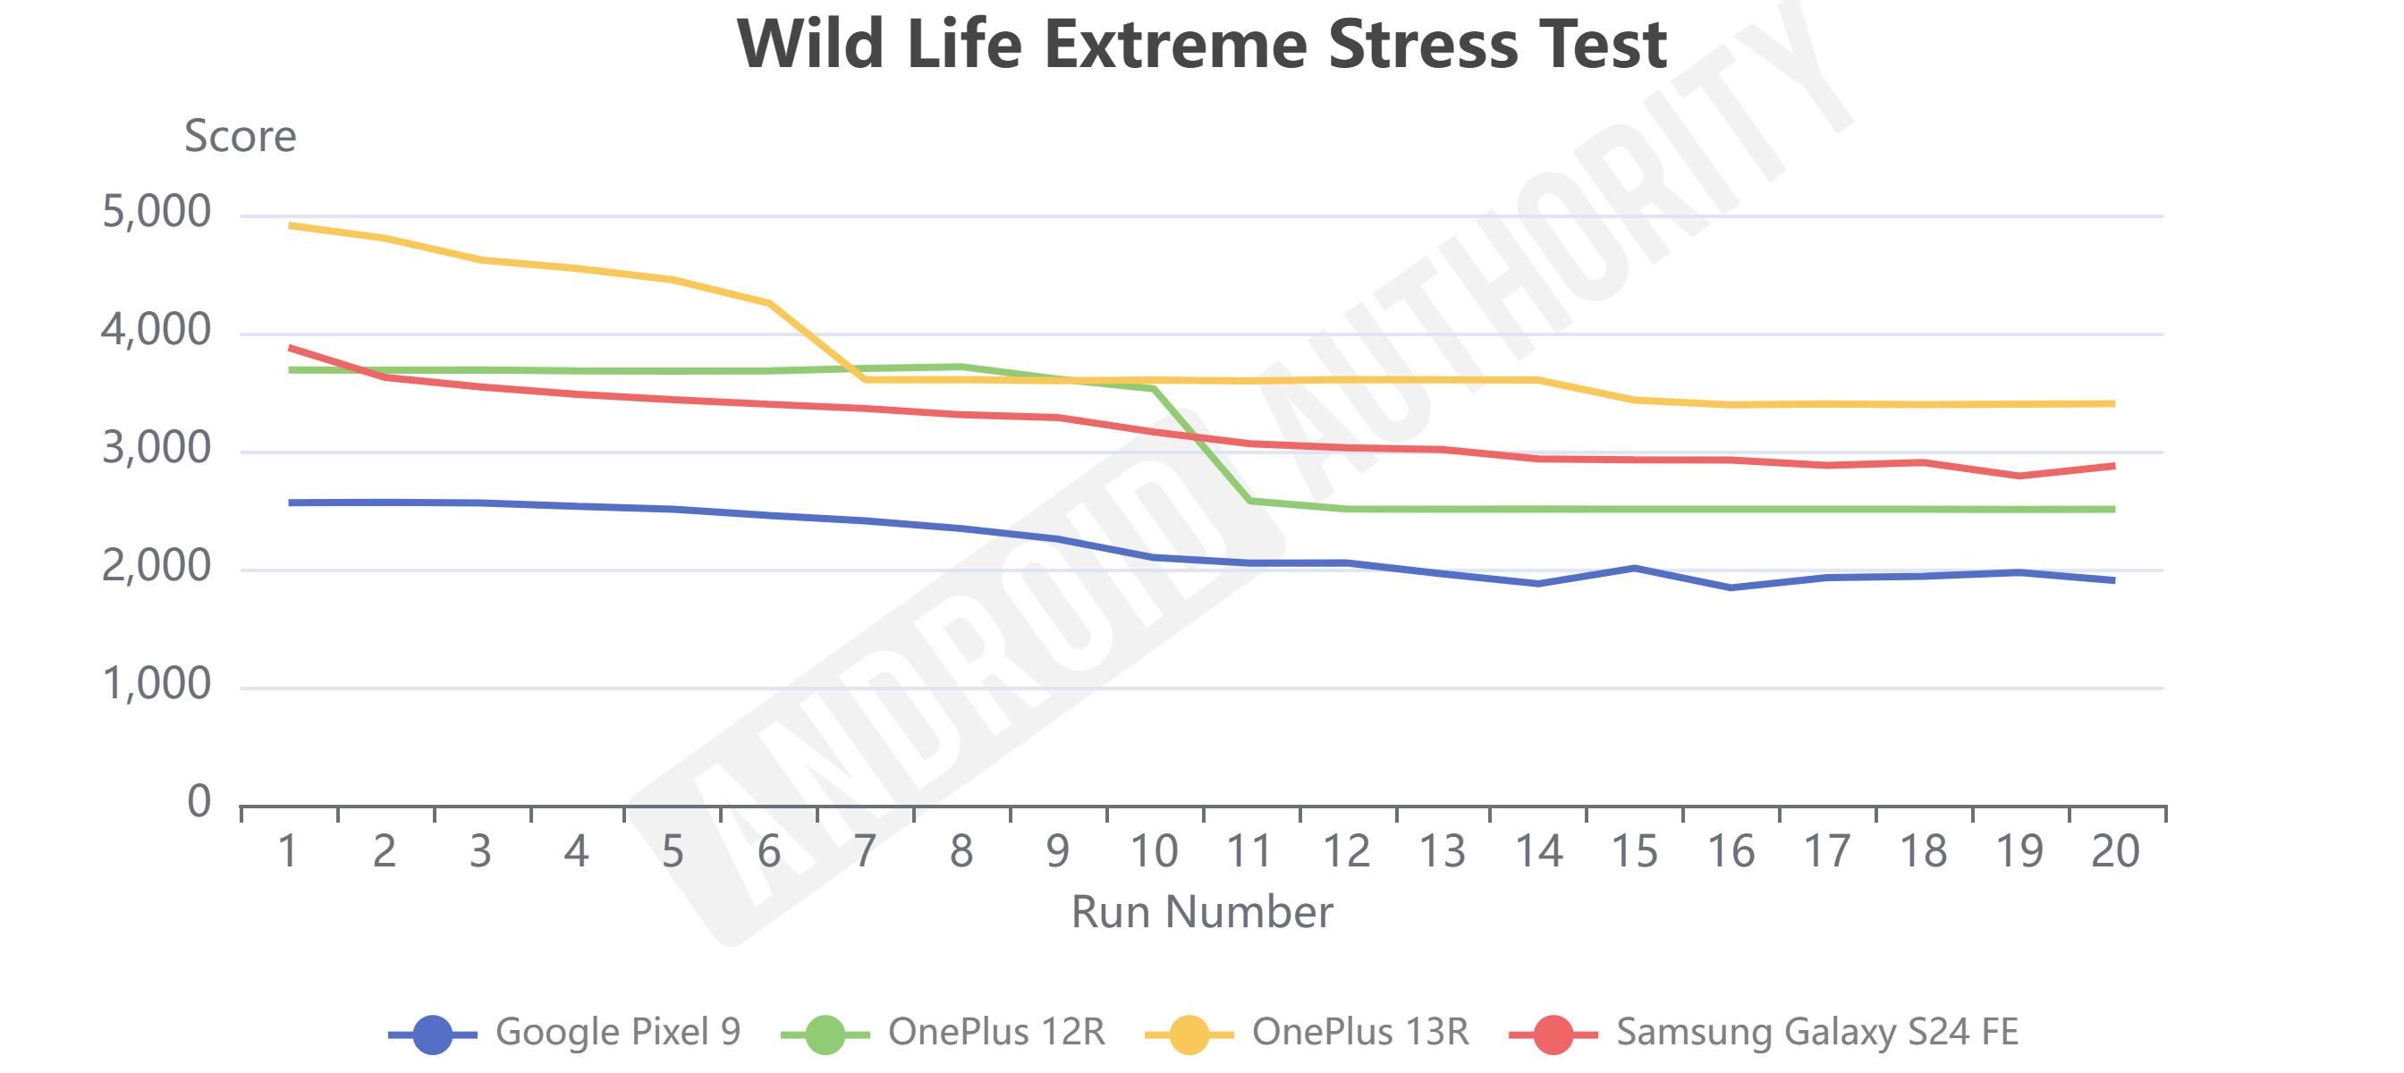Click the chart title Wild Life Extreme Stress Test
[x=1201, y=44]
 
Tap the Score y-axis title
[x=240, y=136]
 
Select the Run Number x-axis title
[x=1201, y=911]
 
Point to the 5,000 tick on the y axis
[x=156, y=213]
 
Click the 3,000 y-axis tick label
[x=156, y=450]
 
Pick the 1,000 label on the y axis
[x=156, y=686]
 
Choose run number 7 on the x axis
[x=865, y=851]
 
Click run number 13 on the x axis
[x=1442, y=851]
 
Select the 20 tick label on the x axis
[x=2115, y=851]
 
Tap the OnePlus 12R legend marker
[x=825, y=1034]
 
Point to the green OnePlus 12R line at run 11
[x=1249, y=501]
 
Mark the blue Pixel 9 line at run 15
[x=1634, y=567]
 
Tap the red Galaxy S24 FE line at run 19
[x=2019, y=476]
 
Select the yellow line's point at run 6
[x=769, y=302]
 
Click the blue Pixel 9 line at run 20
[x=2113, y=580]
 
